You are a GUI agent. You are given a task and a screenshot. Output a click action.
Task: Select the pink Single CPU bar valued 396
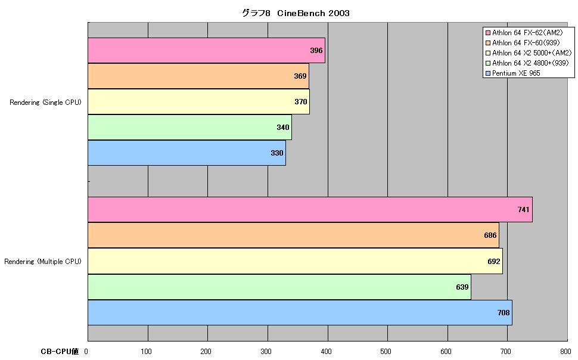tap(206, 50)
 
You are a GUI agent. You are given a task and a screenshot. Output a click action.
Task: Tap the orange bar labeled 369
tap(198, 76)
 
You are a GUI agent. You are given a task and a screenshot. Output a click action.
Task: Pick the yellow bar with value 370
tap(198, 101)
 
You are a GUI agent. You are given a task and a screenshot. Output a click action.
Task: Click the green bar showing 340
tap(190, 128)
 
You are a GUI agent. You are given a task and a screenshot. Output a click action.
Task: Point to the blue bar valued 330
tap(187, 153)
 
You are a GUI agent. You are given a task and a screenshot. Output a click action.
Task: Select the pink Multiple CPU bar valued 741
tap(310, 210)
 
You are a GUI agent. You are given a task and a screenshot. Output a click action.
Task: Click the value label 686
tap(490, 235)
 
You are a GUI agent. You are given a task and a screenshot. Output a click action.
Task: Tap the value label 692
tap(494, 261)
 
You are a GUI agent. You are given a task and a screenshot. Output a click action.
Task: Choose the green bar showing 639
tap(279, 287)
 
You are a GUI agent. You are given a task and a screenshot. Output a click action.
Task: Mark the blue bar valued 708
tap(300, 312)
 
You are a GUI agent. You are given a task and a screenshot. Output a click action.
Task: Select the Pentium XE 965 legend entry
tap(513, 73)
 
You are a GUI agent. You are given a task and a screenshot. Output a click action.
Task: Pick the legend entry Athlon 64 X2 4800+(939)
tap(527, 63)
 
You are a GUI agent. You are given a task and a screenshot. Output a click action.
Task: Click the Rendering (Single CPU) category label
tap(45, 103)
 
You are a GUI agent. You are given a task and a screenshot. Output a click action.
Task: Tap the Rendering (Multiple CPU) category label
tap(43, 262)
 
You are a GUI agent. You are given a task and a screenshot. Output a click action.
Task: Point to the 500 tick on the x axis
tap(386, 352)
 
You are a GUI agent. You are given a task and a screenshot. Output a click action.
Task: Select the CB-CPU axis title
tap(60, 352)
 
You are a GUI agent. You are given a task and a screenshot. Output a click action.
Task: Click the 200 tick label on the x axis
tap(206, 352)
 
